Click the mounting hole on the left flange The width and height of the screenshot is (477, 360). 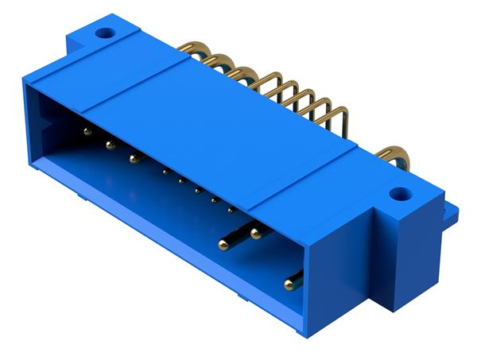point(102,34)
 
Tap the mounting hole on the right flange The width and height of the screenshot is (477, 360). point(400,193)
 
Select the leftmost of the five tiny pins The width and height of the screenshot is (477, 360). point(165,171)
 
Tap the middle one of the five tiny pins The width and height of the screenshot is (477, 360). point(197,189)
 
